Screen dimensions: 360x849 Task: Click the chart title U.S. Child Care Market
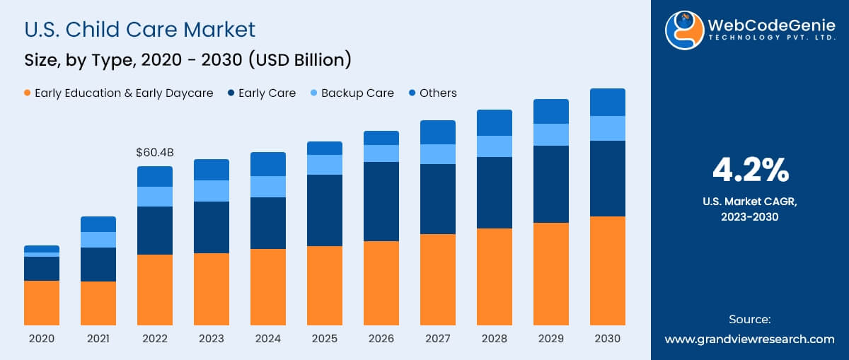point(140,30)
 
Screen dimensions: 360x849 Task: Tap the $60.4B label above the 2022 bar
point(154,152)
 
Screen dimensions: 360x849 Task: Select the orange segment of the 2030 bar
point(607,270)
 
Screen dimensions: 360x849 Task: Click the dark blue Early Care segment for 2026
point(381,202)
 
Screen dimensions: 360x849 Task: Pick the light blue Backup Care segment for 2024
point(267,187)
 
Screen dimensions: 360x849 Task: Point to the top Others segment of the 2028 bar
point(494,122)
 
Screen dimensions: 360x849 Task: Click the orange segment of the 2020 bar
point(42,303)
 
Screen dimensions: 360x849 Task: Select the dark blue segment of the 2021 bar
point(98,265)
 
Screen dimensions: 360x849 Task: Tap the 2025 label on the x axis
point(324,339)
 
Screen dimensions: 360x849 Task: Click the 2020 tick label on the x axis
point(42,339)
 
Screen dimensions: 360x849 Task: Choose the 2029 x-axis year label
point(550,339)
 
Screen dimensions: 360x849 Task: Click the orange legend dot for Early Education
point(28,93)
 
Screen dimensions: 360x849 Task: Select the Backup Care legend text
point(357,93)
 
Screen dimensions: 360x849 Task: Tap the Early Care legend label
point(267,93)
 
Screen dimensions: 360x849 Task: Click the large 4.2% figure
point(750,170)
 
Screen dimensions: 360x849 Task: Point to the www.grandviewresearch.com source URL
point(750,339)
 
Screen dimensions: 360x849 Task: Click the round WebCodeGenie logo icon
point(683,30)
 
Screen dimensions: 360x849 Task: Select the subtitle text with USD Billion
point(187,60)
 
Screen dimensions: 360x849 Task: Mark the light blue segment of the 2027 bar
point(437,154)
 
